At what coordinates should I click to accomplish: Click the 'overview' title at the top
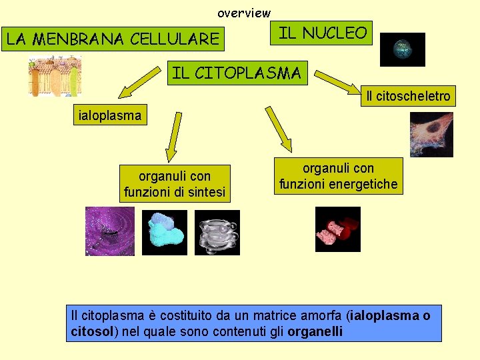tap(244, 13)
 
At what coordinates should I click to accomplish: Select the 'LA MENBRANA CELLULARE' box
tap(113, 39)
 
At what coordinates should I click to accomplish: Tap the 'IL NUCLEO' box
tap(322, 33)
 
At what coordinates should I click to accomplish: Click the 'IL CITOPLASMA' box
tap(236, 73)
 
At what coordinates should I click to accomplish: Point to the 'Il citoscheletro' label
tap(408, 97)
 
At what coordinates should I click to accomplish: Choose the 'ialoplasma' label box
tap(110, 116)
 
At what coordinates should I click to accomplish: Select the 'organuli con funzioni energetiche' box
tap(339, 176)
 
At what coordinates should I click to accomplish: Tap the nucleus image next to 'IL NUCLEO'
tap(402, 49)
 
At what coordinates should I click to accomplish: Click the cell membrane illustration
tap(54, 77)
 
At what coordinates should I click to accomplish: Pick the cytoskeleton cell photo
tap(431, 134)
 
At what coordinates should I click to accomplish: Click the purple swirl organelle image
tap(109, 231)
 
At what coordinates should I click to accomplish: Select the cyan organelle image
tap(166, 232)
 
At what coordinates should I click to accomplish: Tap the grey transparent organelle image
tap(217, 232)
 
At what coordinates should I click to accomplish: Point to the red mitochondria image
tap(337, 229)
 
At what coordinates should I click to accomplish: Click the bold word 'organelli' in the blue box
tap(315, 331)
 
